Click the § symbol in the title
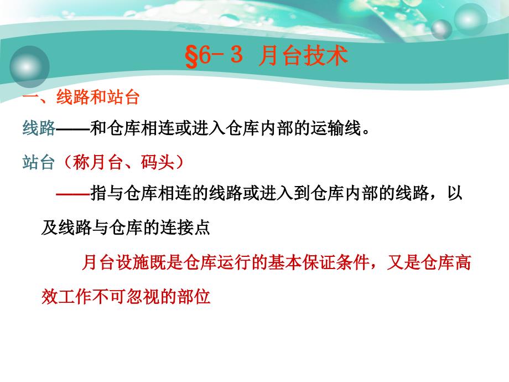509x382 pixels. click(191, 56)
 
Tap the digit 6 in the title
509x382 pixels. click(205, 55)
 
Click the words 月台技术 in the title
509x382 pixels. click(303, 55)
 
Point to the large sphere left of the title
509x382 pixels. click(29, 66)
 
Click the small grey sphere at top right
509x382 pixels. click(442, 29)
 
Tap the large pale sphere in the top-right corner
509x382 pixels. click(470, 19)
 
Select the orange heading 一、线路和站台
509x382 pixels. click(81, 97)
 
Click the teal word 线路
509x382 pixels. click(39, 128)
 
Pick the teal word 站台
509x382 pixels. click(38, 162)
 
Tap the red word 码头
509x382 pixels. click(158, 162)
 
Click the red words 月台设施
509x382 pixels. click(115, 262)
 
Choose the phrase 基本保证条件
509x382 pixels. click(319, 262)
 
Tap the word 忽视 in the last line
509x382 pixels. click(143, 296)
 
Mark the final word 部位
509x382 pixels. click(194, 296)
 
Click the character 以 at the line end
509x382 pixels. click(454, 193)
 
